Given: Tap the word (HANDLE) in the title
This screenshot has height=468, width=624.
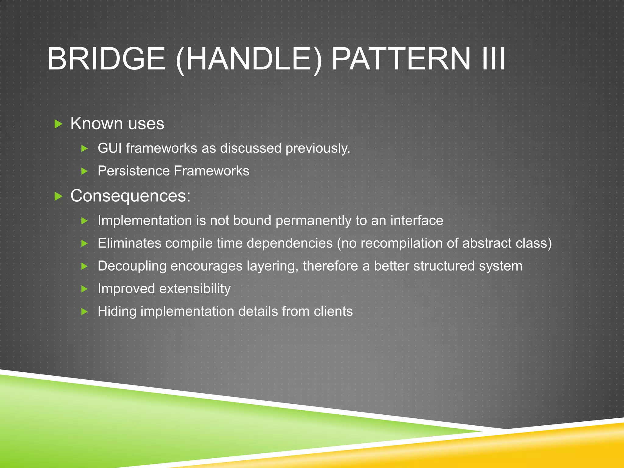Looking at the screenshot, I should [x=249, y=59].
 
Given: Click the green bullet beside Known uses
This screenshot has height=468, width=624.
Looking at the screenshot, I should [x=58, y=124].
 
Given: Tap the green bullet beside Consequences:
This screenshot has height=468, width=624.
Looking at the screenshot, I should [x=58, y=196].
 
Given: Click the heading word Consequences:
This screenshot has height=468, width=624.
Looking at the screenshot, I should [x=130, y=196].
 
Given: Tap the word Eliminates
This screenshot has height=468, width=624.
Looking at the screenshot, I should [x=129, y=243].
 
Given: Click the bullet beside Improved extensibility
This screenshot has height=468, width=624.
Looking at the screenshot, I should [x=85, y=289].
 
